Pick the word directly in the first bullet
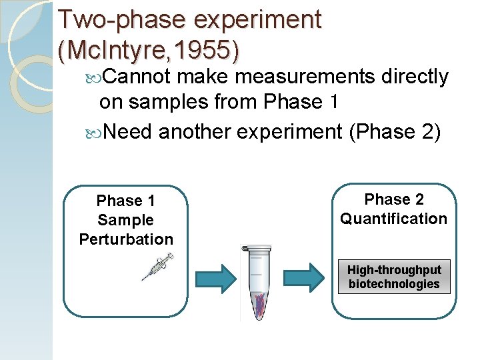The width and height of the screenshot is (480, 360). coord(415,77)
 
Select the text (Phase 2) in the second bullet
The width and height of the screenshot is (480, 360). coord(395,132)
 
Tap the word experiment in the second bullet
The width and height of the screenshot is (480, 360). coord(285,132)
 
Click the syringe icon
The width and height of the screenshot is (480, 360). coord(158,267)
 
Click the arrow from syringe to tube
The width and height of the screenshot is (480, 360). coord(214,276)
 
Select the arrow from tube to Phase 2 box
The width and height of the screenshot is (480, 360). coord(305,276)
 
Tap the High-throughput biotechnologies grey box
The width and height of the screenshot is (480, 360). coord(394,277)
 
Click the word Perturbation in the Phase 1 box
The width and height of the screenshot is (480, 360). coord(126,239)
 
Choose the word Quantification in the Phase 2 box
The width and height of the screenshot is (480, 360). coord(394,219)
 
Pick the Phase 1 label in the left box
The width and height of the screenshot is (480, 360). coord(126,201)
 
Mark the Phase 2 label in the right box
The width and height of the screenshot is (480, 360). coord(394,199)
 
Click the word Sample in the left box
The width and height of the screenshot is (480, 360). coord(126,220)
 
